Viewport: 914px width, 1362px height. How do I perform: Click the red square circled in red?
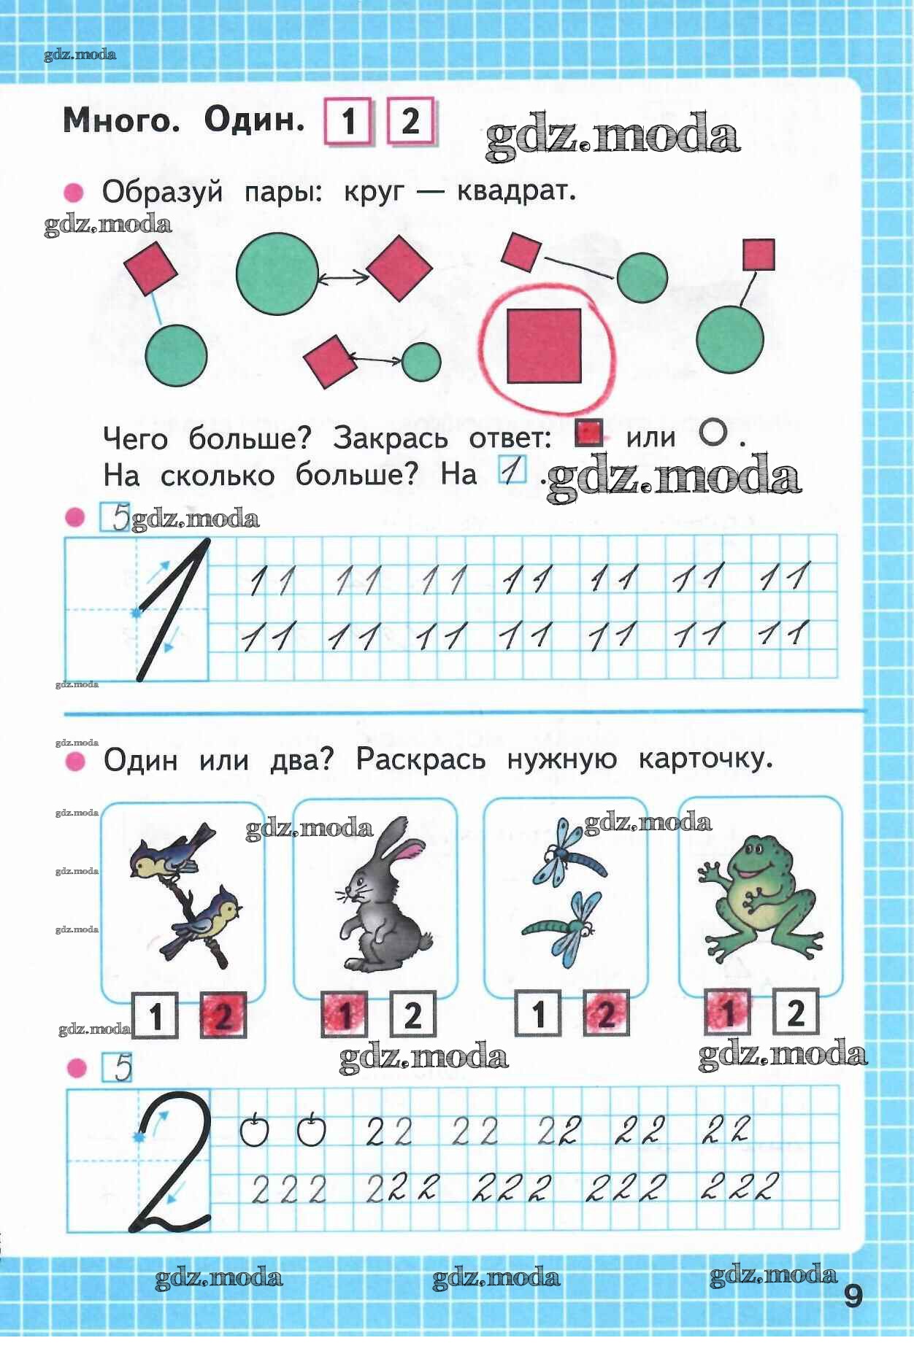pyautogui.click(x=544, y=345)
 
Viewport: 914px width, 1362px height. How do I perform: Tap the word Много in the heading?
pyautogui.click(x=120, y=120)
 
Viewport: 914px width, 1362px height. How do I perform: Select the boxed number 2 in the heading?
pyautogui.click(x=411, y=120)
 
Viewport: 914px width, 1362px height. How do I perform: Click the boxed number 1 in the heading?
pyautogui.click(x=348, y=121)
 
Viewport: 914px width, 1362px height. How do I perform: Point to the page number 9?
pyautogui.click(x=853, y=1296)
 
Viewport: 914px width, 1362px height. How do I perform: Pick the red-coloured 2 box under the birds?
pyautogui.click(x=223, y=1015)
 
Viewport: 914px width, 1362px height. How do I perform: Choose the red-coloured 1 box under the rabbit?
pyautogui.click(x=344, y=1015)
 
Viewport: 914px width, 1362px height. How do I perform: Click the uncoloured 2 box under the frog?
pyautogui.click(x=795, y=1013)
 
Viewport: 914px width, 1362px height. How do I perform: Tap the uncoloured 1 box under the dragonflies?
pyautogui.click(x=539, y=1014)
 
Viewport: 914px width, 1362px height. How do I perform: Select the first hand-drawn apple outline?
pyautogui.click(x=254, y=1129)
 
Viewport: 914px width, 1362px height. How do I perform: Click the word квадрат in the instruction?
pyautogui.click(x=516, y=192)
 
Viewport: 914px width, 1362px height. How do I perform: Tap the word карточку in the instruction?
pyautogui.click(x=706, y=760)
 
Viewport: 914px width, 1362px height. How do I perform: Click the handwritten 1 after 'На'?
pyautogui.click(x=513, y=471)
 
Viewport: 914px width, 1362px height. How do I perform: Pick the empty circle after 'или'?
pyautogui.click(x=713, y=433)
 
